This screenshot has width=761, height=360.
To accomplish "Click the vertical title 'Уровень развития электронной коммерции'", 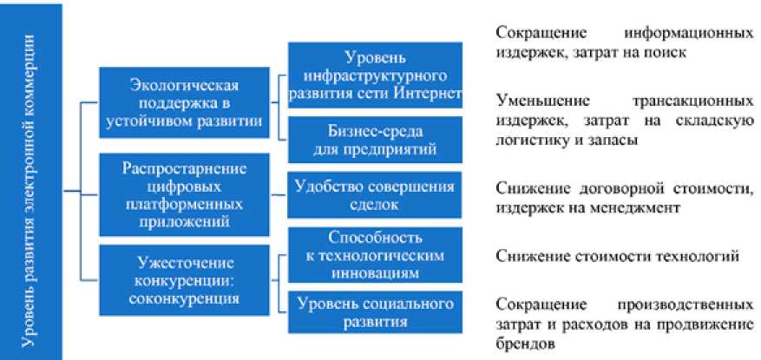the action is pos(31,180).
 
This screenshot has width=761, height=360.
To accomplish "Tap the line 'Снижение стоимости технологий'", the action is pos(617,257).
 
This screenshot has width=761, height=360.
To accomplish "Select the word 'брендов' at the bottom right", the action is pos(523,344).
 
